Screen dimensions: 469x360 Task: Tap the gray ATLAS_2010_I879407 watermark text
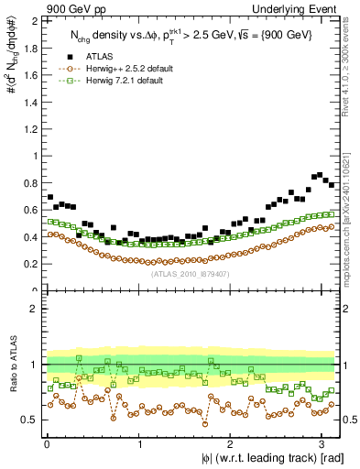(191, 274)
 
